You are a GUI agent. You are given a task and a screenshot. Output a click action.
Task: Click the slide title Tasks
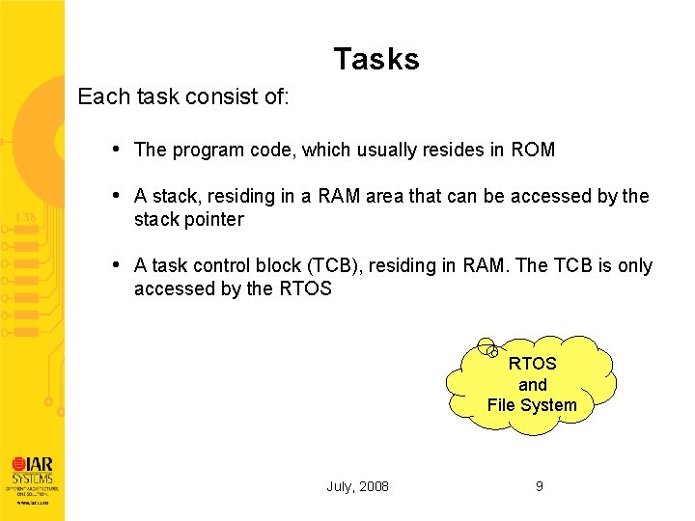(376, 60)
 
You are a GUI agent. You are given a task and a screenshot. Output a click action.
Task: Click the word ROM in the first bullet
(533, 150)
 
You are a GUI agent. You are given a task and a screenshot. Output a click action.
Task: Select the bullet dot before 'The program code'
(116, 149)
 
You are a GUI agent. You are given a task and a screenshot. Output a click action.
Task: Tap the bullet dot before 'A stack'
(116, 195)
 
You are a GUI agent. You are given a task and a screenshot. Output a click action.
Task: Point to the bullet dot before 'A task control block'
(116, 264)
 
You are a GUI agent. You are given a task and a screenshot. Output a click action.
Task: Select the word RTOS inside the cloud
(532, 364)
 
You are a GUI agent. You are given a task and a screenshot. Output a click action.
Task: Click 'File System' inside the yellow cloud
(532, 405)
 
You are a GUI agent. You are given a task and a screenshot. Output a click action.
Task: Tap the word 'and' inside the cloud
(532, 384)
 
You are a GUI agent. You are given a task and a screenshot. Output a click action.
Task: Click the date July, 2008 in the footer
(357, 486)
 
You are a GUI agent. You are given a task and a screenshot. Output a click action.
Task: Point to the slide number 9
(540, 486)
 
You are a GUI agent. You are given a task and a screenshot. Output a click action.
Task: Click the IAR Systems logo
(33, 473)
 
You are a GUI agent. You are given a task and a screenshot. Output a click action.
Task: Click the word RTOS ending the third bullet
(304, 288)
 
